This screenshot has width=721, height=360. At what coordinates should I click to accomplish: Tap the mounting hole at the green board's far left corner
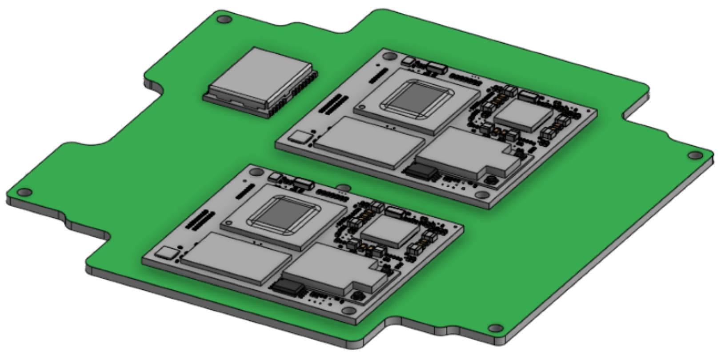click(25, 192)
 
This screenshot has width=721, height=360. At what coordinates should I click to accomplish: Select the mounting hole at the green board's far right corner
click(693, 156)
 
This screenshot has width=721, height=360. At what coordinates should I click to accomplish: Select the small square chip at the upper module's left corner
click(301, 136)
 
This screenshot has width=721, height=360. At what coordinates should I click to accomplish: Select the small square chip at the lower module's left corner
click(167, 253)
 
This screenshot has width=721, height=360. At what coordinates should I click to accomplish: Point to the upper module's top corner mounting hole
click(389, 56)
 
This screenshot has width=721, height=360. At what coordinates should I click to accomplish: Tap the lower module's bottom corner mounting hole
click(349, 311)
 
